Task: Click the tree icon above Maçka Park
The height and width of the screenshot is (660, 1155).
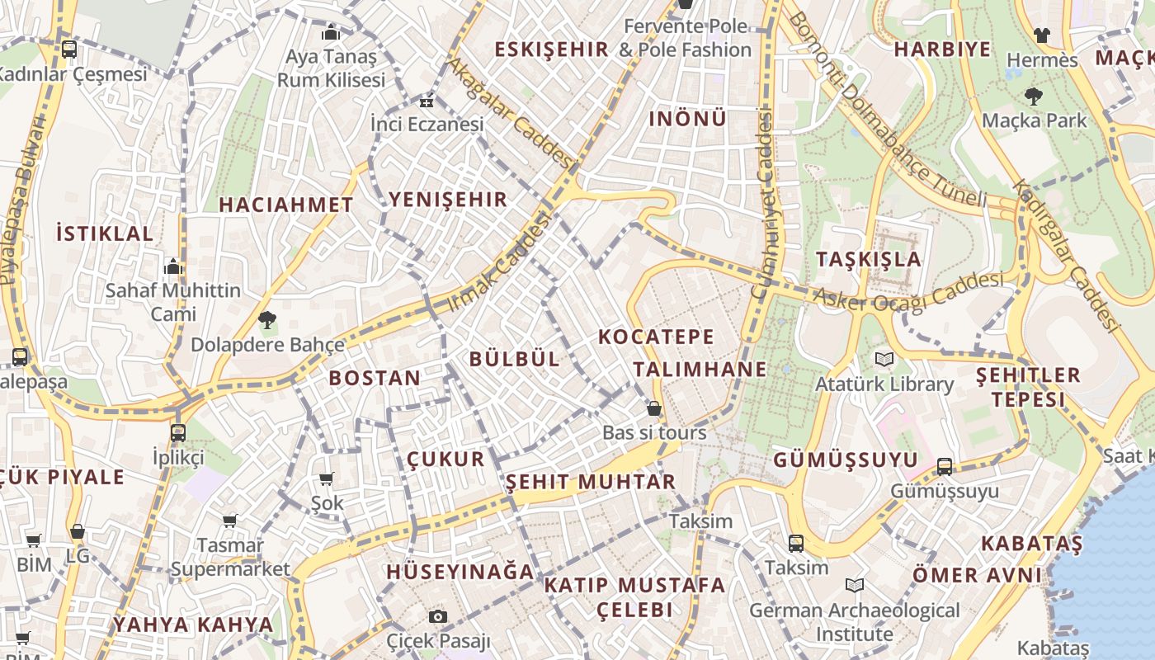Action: tap(1033, 97)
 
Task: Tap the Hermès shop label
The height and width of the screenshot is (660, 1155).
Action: tap(1042, 60)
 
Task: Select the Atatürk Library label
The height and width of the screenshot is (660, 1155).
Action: tap(884, 384)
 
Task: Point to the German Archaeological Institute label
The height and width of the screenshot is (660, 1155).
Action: tap(855, 622)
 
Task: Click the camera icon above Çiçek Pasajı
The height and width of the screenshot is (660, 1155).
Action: tap(438, 616)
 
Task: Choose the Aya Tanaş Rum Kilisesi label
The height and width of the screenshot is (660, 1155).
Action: tap(331, 68)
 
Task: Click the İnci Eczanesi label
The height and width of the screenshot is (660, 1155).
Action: tap(427, 125)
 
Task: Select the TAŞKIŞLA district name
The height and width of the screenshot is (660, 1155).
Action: tap(869, 259)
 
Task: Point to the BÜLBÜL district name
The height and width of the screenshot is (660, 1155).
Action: tap(515, 359)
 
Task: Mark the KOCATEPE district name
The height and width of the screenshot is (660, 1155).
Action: tap(657, 337)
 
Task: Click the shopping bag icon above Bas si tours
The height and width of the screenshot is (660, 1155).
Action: tap(654, 408)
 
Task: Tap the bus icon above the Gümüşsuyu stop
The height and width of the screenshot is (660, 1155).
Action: tap(945, 467)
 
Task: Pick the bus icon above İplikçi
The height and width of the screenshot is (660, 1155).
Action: tap(177, 432)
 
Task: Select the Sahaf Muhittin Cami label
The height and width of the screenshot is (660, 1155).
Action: tap(173, 302)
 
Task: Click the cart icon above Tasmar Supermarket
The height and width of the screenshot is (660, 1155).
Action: tap(230, 521)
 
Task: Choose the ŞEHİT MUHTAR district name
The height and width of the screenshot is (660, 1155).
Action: tap(591, 482)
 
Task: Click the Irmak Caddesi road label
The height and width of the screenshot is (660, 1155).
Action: tap(497, 262)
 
